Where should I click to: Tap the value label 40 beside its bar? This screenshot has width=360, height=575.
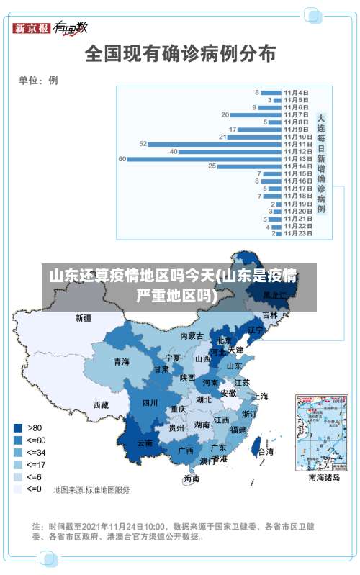tap(174, 151)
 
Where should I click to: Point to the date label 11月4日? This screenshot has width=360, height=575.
tap(297, 92)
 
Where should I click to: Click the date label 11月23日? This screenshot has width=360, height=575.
tap(297, 233)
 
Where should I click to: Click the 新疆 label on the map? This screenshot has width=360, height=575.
tap(84, 317)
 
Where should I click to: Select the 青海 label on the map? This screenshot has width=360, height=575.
tap(121, 361)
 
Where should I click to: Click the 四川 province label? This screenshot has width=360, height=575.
tap(150, 402)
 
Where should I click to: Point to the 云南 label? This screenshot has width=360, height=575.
tap(145, 443)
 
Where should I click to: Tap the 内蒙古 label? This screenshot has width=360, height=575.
tap(192, 335)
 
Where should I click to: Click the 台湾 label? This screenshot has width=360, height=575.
tap(265, 452)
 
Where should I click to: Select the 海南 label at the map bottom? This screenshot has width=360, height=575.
tap(191, 478)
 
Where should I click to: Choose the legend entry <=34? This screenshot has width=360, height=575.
tap(17, 452)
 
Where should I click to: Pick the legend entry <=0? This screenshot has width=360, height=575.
tap(17, 489)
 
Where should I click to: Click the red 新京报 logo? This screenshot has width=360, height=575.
tap(32, 29)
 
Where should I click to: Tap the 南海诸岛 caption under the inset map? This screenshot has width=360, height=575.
tap(324, 477)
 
